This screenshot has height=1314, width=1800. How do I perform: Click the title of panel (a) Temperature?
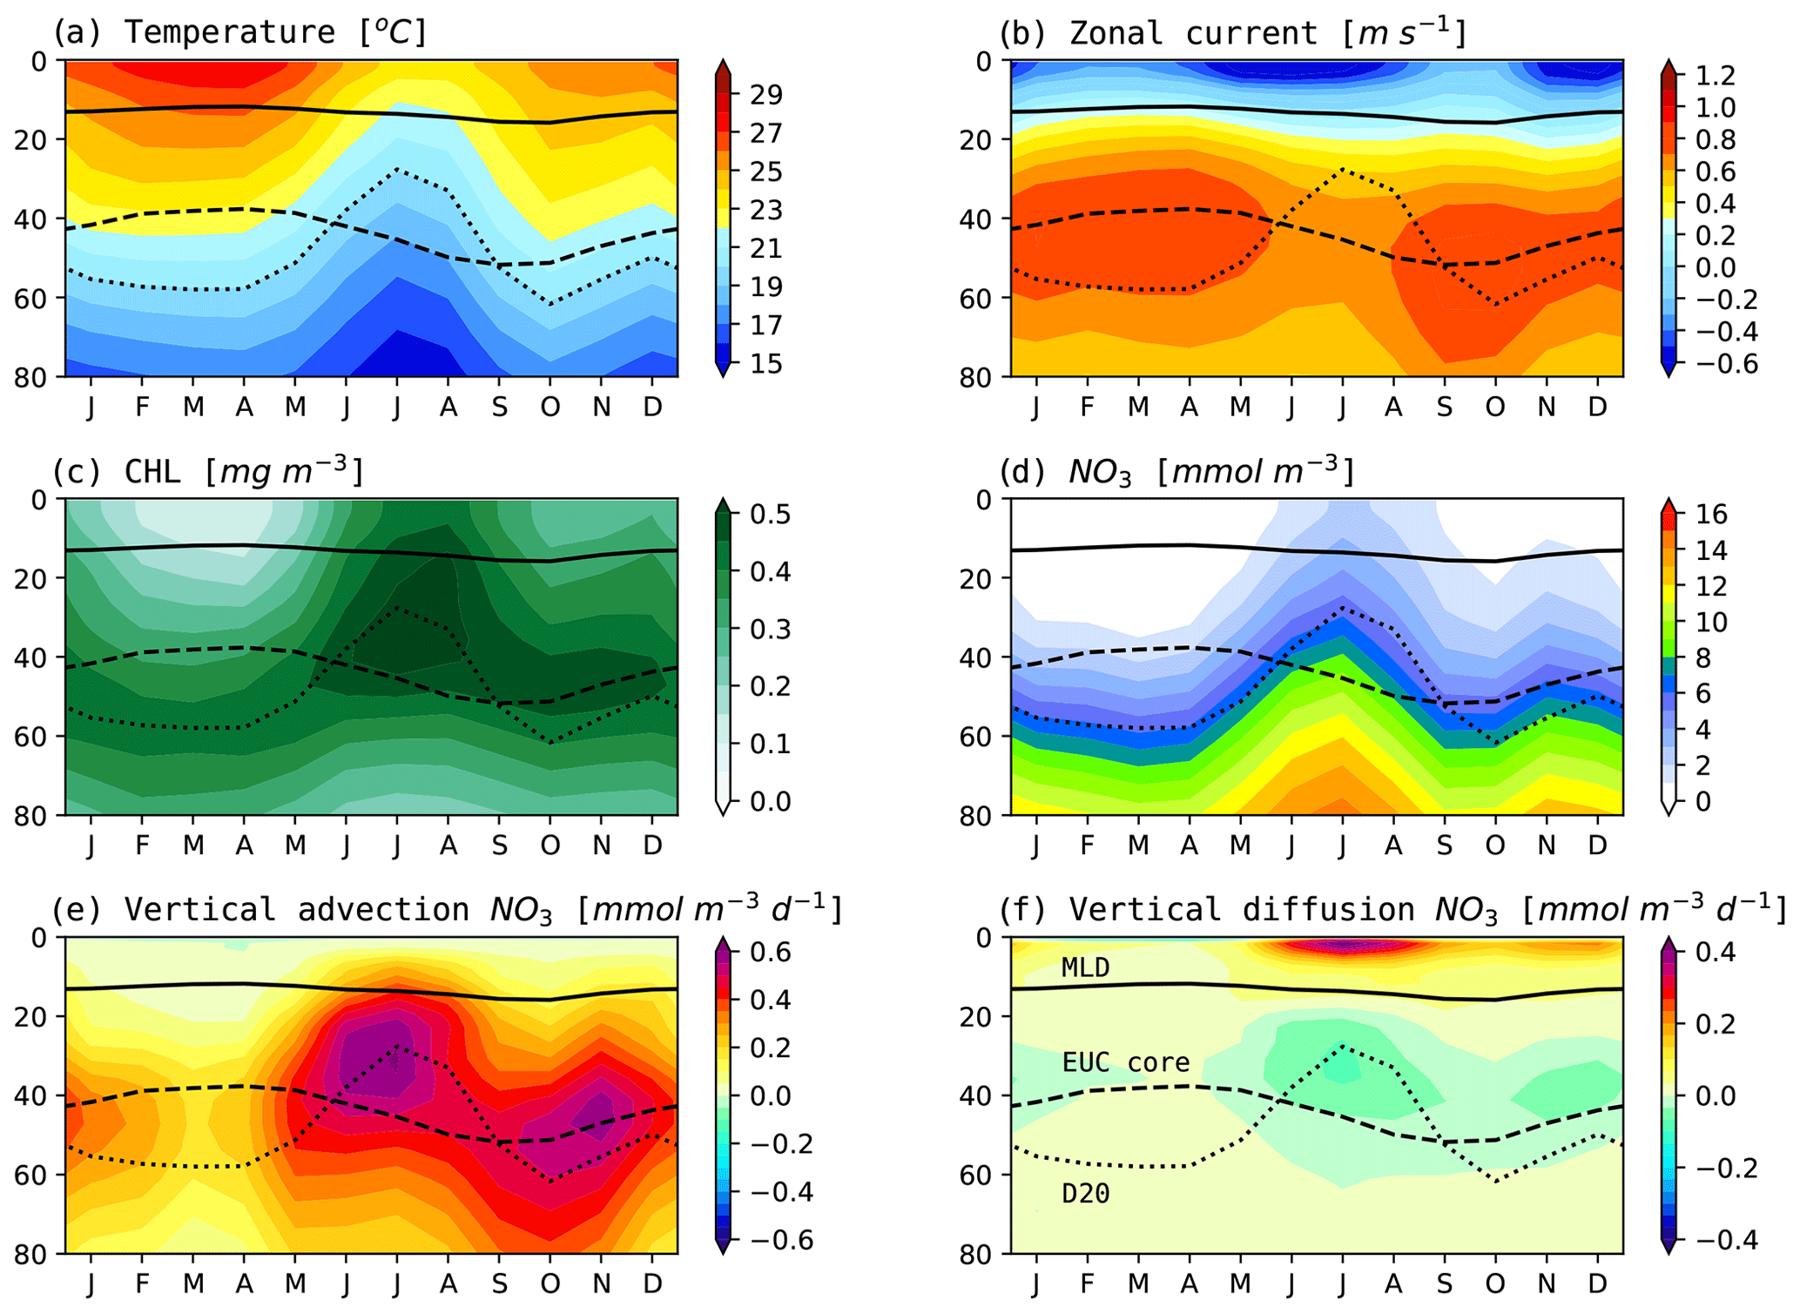coord(240,32)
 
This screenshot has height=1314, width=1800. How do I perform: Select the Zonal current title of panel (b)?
coord(1233,32)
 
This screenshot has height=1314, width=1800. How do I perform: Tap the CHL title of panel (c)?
coord(207,471)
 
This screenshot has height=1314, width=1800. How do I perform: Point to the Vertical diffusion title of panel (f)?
coord(1392,909)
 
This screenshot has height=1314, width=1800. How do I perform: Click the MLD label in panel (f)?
coord(1085,967)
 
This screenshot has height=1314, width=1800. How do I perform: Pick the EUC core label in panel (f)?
coord(1125,1062)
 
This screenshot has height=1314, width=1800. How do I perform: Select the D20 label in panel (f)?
coord(1085,1194)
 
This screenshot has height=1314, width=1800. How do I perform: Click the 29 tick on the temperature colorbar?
coord(765,95)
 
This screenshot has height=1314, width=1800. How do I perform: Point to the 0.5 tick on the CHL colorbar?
coord(770,515)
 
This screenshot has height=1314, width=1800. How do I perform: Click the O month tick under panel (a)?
coord(549,407)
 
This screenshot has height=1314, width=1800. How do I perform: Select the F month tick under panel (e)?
coord(142,1284)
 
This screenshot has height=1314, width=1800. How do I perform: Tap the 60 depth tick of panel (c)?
coord(36,736)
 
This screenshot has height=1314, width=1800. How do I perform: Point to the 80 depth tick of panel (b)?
coord(981,376)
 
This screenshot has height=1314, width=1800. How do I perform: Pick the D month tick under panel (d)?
coord(1597,845)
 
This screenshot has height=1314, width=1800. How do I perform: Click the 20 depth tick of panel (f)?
coord(981,1016)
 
